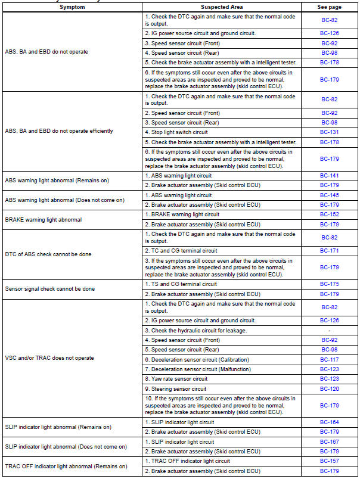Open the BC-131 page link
click(330, 132)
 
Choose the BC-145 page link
click(330, 195)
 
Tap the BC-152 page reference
click(330, 214)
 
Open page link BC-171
click(330, 251)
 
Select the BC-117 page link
click(330, 359)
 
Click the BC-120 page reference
click(330, 388)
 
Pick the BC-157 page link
click(330, 461)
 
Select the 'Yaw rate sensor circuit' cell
click(176, 378)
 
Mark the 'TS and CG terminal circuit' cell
click(181, 284)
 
